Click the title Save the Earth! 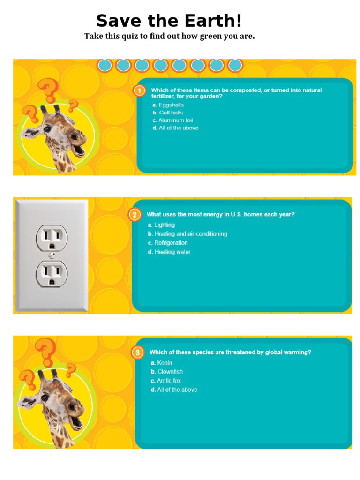169,21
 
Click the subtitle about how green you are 169,36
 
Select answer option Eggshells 168,105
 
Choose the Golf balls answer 168,112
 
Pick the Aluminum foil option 172,120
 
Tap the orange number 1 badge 140,90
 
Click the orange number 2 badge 135,215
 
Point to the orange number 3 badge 137,352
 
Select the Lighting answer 161,225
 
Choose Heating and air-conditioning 187,234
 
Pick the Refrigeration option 168,243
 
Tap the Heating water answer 169,252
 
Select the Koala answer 161,363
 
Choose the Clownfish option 166,372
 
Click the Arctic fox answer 165,381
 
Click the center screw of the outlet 52,255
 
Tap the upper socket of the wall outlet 52,238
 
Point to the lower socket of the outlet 52,273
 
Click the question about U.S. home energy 220,214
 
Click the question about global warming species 230,352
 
